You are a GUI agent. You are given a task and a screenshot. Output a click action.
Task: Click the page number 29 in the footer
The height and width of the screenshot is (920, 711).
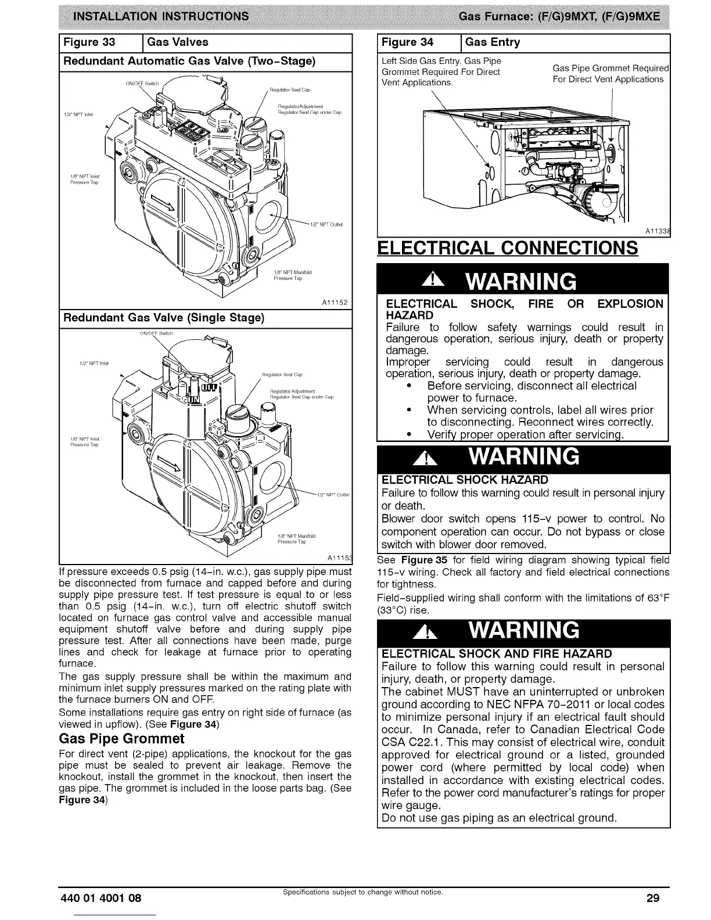(x=653, y=898)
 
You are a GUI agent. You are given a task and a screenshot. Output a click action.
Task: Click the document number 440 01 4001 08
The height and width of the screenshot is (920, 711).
(x=100, y=898)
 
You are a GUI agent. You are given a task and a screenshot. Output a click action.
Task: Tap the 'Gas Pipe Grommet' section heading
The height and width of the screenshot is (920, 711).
(x=121, y=738)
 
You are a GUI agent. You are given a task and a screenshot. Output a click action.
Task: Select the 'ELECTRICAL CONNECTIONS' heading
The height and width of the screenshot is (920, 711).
(x=507, y=248)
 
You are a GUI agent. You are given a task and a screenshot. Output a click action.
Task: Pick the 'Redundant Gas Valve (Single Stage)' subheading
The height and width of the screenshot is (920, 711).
(x=164, y=318)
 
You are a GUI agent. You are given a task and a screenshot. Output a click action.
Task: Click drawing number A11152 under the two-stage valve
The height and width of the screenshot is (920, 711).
(x=333, y=303)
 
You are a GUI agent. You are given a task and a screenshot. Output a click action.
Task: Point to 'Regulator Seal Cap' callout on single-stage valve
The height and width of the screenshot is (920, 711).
(x=282, y=375)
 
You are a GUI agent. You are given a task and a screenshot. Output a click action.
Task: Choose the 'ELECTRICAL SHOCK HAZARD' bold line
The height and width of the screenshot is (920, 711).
(x=465, y=480)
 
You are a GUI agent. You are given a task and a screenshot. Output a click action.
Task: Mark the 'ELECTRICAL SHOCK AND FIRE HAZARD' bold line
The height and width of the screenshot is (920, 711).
(x=497, y=653)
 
